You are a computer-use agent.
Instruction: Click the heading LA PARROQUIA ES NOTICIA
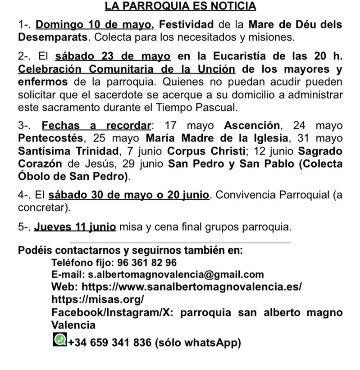[x=180, y=6]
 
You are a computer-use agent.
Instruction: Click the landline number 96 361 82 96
[x=147, y=262]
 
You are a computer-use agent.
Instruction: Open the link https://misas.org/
[x=98, y=299]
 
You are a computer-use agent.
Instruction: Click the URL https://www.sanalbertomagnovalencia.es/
[x=192, y=287]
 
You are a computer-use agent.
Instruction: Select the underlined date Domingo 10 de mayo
[x=95, y=24]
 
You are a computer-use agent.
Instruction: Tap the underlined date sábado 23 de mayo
[x=113, y=56]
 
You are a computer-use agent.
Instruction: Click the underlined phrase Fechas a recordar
[x=96, y=125]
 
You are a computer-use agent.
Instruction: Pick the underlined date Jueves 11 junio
[x=75, y=227]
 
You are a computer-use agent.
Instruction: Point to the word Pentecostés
[x=50, y=138]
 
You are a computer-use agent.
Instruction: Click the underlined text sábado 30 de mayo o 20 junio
[x=128, y=196]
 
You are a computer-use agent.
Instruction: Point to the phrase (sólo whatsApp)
[x=198, y=343]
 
